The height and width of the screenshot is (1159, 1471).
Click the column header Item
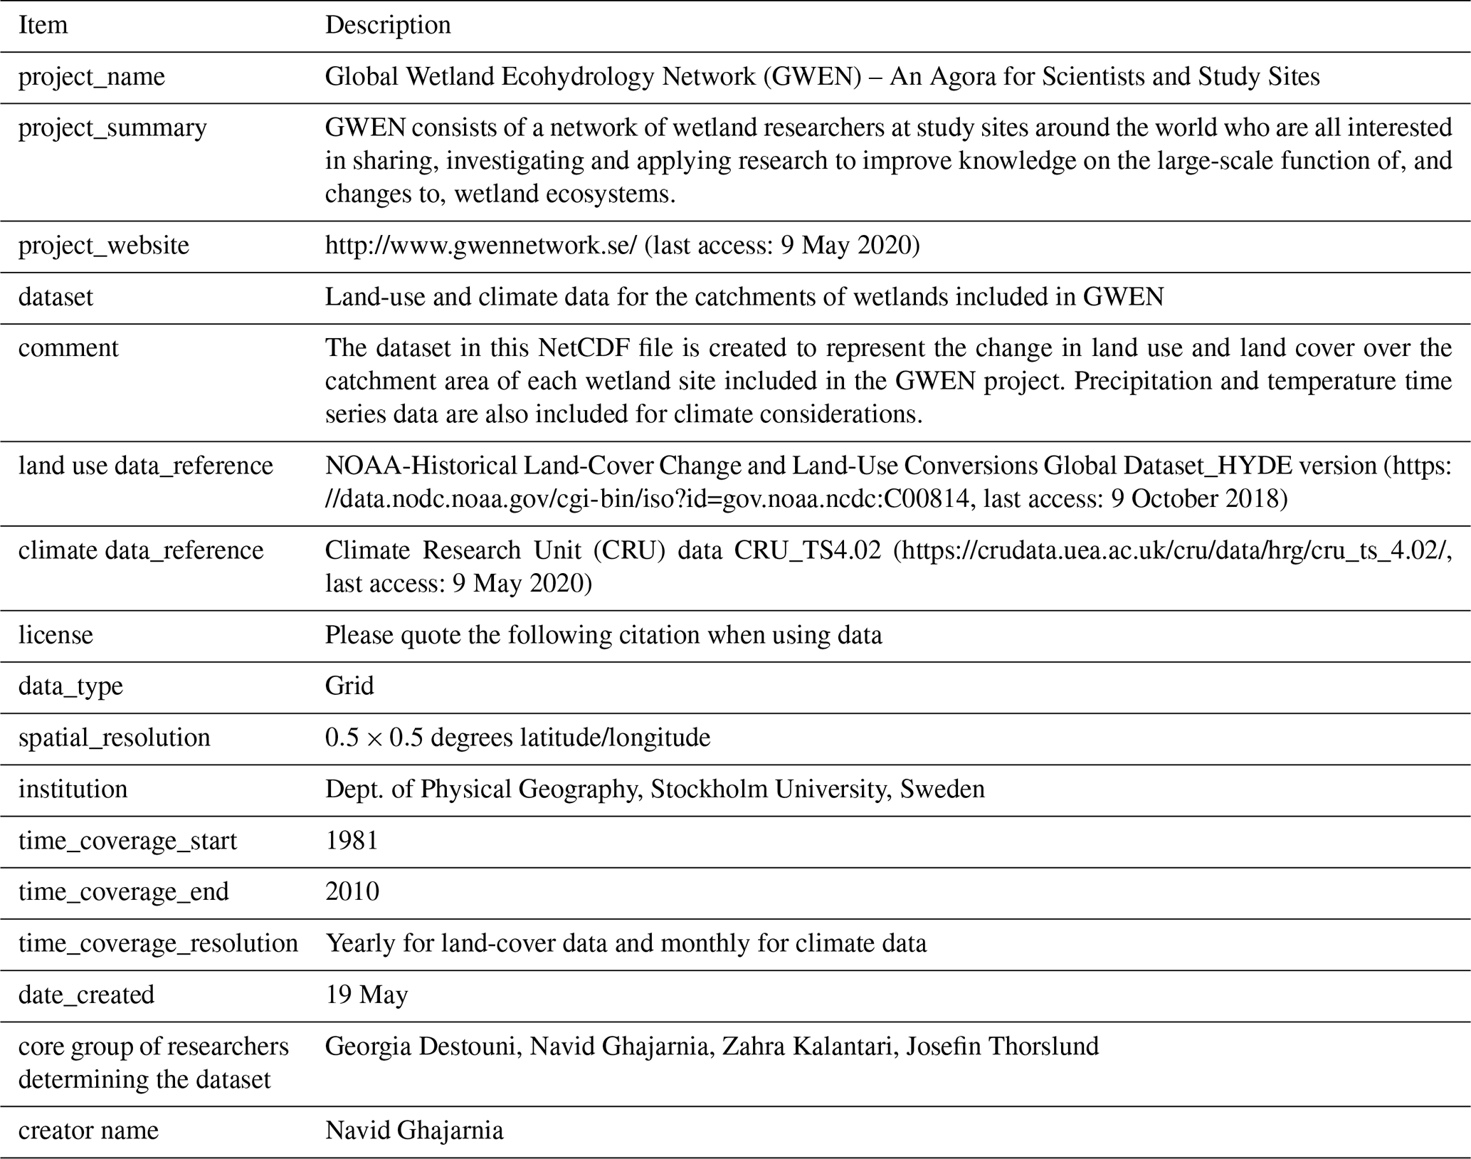pyautogui.click(x=43, y=25)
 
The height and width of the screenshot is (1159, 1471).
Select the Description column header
pyautogui.click(x=388, y=25)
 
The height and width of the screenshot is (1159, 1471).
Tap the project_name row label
pyautogui.click(x=92, y=77)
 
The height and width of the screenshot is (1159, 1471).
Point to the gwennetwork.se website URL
pyautogui.click(x=480, y=246)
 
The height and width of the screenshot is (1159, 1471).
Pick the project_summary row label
pyautogui.click(x=112, y=128)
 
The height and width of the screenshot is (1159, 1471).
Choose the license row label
pyautogui.click(x=56, y=635)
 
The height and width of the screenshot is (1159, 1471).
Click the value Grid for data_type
pyautogui.click(x=349, y=686)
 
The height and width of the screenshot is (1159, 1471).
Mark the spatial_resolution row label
pyautogui.click(x=114, y=738)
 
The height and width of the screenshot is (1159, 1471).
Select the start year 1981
pyautogui.click(x=352, y=841)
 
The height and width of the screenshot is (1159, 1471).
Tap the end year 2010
pyautogui.click(x=352, y=892)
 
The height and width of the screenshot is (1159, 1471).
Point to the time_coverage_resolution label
pyautogui.click(x=158, y=943)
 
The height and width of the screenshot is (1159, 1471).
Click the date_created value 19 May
pyautogui.click(x=367, y=995)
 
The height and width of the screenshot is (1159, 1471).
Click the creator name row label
pyautogui.click(x=88, y=1131)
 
